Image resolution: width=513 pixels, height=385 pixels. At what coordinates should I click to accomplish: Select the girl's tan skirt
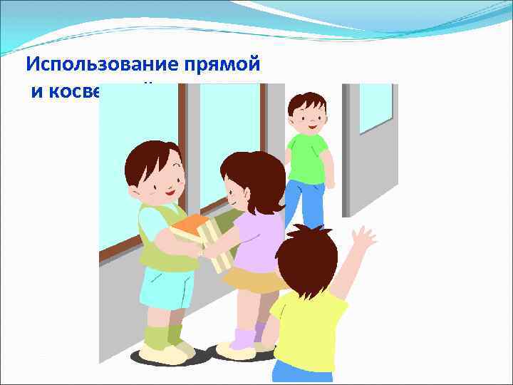click(253, 280)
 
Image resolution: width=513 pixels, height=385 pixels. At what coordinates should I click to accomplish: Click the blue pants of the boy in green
click(306, 200)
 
